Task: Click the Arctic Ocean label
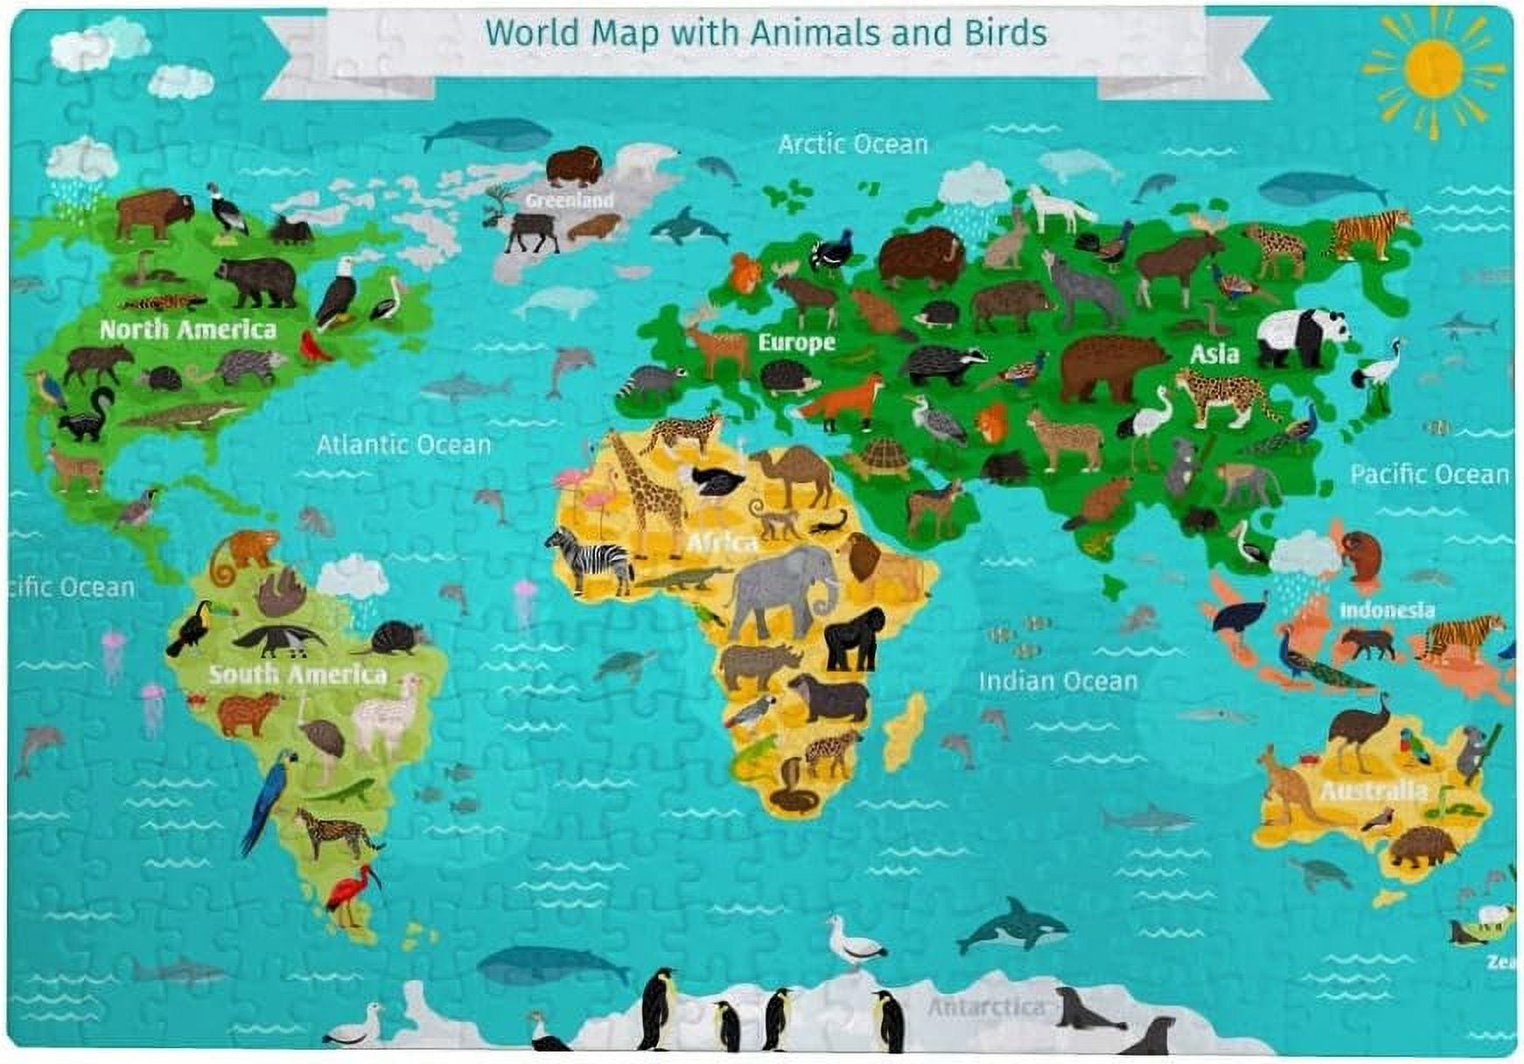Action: coord(852,144)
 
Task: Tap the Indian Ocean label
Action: coord(1058,681)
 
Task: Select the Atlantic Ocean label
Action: coord(403,444)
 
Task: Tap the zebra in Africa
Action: coord(591,558)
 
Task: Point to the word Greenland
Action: coord(570,200)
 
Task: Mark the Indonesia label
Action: coord(1387,610)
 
